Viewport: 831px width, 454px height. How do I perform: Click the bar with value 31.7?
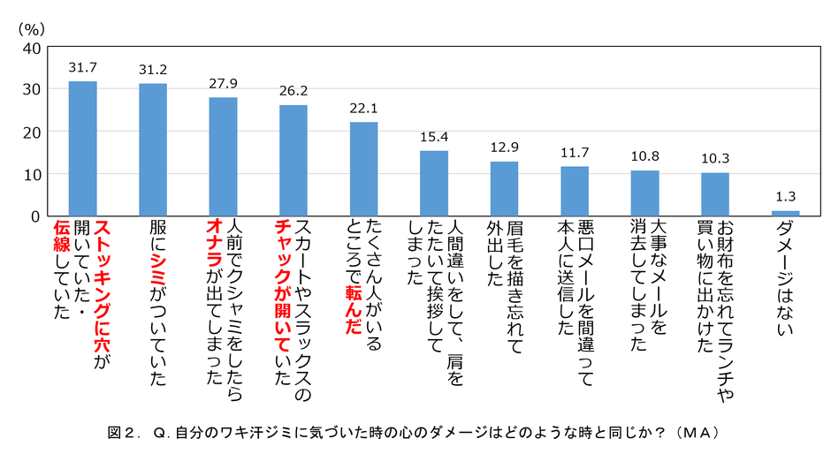83,148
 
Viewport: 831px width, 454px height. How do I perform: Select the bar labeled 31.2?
153,149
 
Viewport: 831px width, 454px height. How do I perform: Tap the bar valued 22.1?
363,169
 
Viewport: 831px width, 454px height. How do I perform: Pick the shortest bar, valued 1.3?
785,213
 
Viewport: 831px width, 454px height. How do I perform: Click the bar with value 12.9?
504,188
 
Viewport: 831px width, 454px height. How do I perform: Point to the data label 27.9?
223,84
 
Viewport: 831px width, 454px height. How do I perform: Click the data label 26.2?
294,91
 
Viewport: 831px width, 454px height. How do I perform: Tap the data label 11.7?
575,152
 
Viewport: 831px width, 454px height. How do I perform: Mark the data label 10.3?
715,158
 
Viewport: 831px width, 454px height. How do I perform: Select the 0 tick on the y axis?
34,216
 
